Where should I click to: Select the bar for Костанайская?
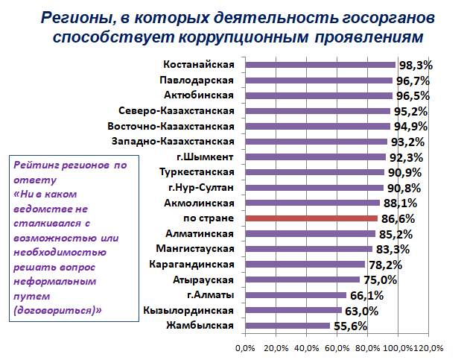click(320, 65)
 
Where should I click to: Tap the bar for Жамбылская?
click(287, 326)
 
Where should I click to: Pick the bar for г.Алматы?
click(295, 295)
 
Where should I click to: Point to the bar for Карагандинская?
click(304, 265)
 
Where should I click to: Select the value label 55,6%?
click(350, 326)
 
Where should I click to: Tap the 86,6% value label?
click(398, 219)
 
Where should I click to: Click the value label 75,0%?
click(380, 280)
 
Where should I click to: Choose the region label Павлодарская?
click(197, 80)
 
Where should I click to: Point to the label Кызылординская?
click(191, 310)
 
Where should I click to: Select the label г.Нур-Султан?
click(201, 188)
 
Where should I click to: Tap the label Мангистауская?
click(195, 249)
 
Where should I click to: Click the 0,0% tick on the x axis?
click(245, 348)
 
